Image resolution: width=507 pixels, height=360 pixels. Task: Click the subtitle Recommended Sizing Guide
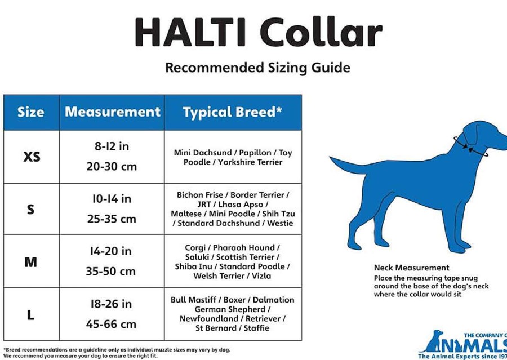click(x=257, y=68)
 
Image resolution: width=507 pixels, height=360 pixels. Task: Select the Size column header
click(x=31, y=112)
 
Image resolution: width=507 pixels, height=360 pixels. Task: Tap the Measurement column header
click(x=113, y=112)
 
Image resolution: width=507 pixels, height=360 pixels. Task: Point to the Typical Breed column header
click(x=233, y=112)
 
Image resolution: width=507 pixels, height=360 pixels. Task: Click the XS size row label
click(x=32, y=157)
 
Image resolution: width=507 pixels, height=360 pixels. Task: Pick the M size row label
click(x=31, y=262)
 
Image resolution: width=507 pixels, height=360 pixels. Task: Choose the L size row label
click(x=31, y=315)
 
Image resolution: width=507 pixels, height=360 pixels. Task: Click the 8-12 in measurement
click(x=112, y=146)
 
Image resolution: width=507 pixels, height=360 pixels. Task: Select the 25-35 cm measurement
click(x=112, y=219)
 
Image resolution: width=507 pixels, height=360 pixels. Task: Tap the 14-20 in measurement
click(x=111, y=251)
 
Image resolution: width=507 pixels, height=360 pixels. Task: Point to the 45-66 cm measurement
click(x=111, y=324)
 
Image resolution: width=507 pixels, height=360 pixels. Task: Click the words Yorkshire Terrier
click(x=250, y=162)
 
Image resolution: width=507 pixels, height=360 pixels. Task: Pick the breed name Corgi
click(x=195, y=248)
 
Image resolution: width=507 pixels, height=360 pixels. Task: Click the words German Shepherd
click(x=230, y=309)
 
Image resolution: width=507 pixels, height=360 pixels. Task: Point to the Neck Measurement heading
click(x=412, y=268)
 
